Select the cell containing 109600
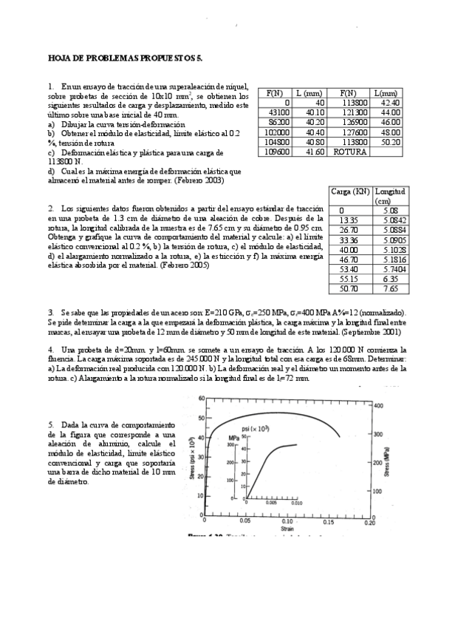tap(278, 151)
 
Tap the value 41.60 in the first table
tap(314, 151)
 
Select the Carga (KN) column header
tap(351, 192)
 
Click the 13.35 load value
tap(348, 220)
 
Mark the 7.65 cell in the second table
tap(391, 290)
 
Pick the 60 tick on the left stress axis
tap(200, 399)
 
